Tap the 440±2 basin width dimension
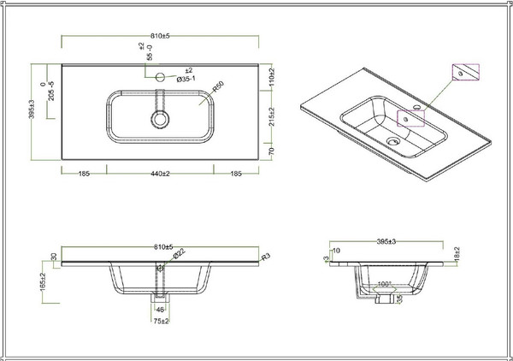coord(161,174)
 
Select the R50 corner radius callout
coord(218,87)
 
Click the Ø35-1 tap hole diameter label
coord(187,79)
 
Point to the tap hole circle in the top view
coord(159,79)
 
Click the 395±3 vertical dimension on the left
coord(31,111)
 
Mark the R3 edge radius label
coord(266,256)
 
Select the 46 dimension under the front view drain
coord(160,310)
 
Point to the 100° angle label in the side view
coord(385,283)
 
